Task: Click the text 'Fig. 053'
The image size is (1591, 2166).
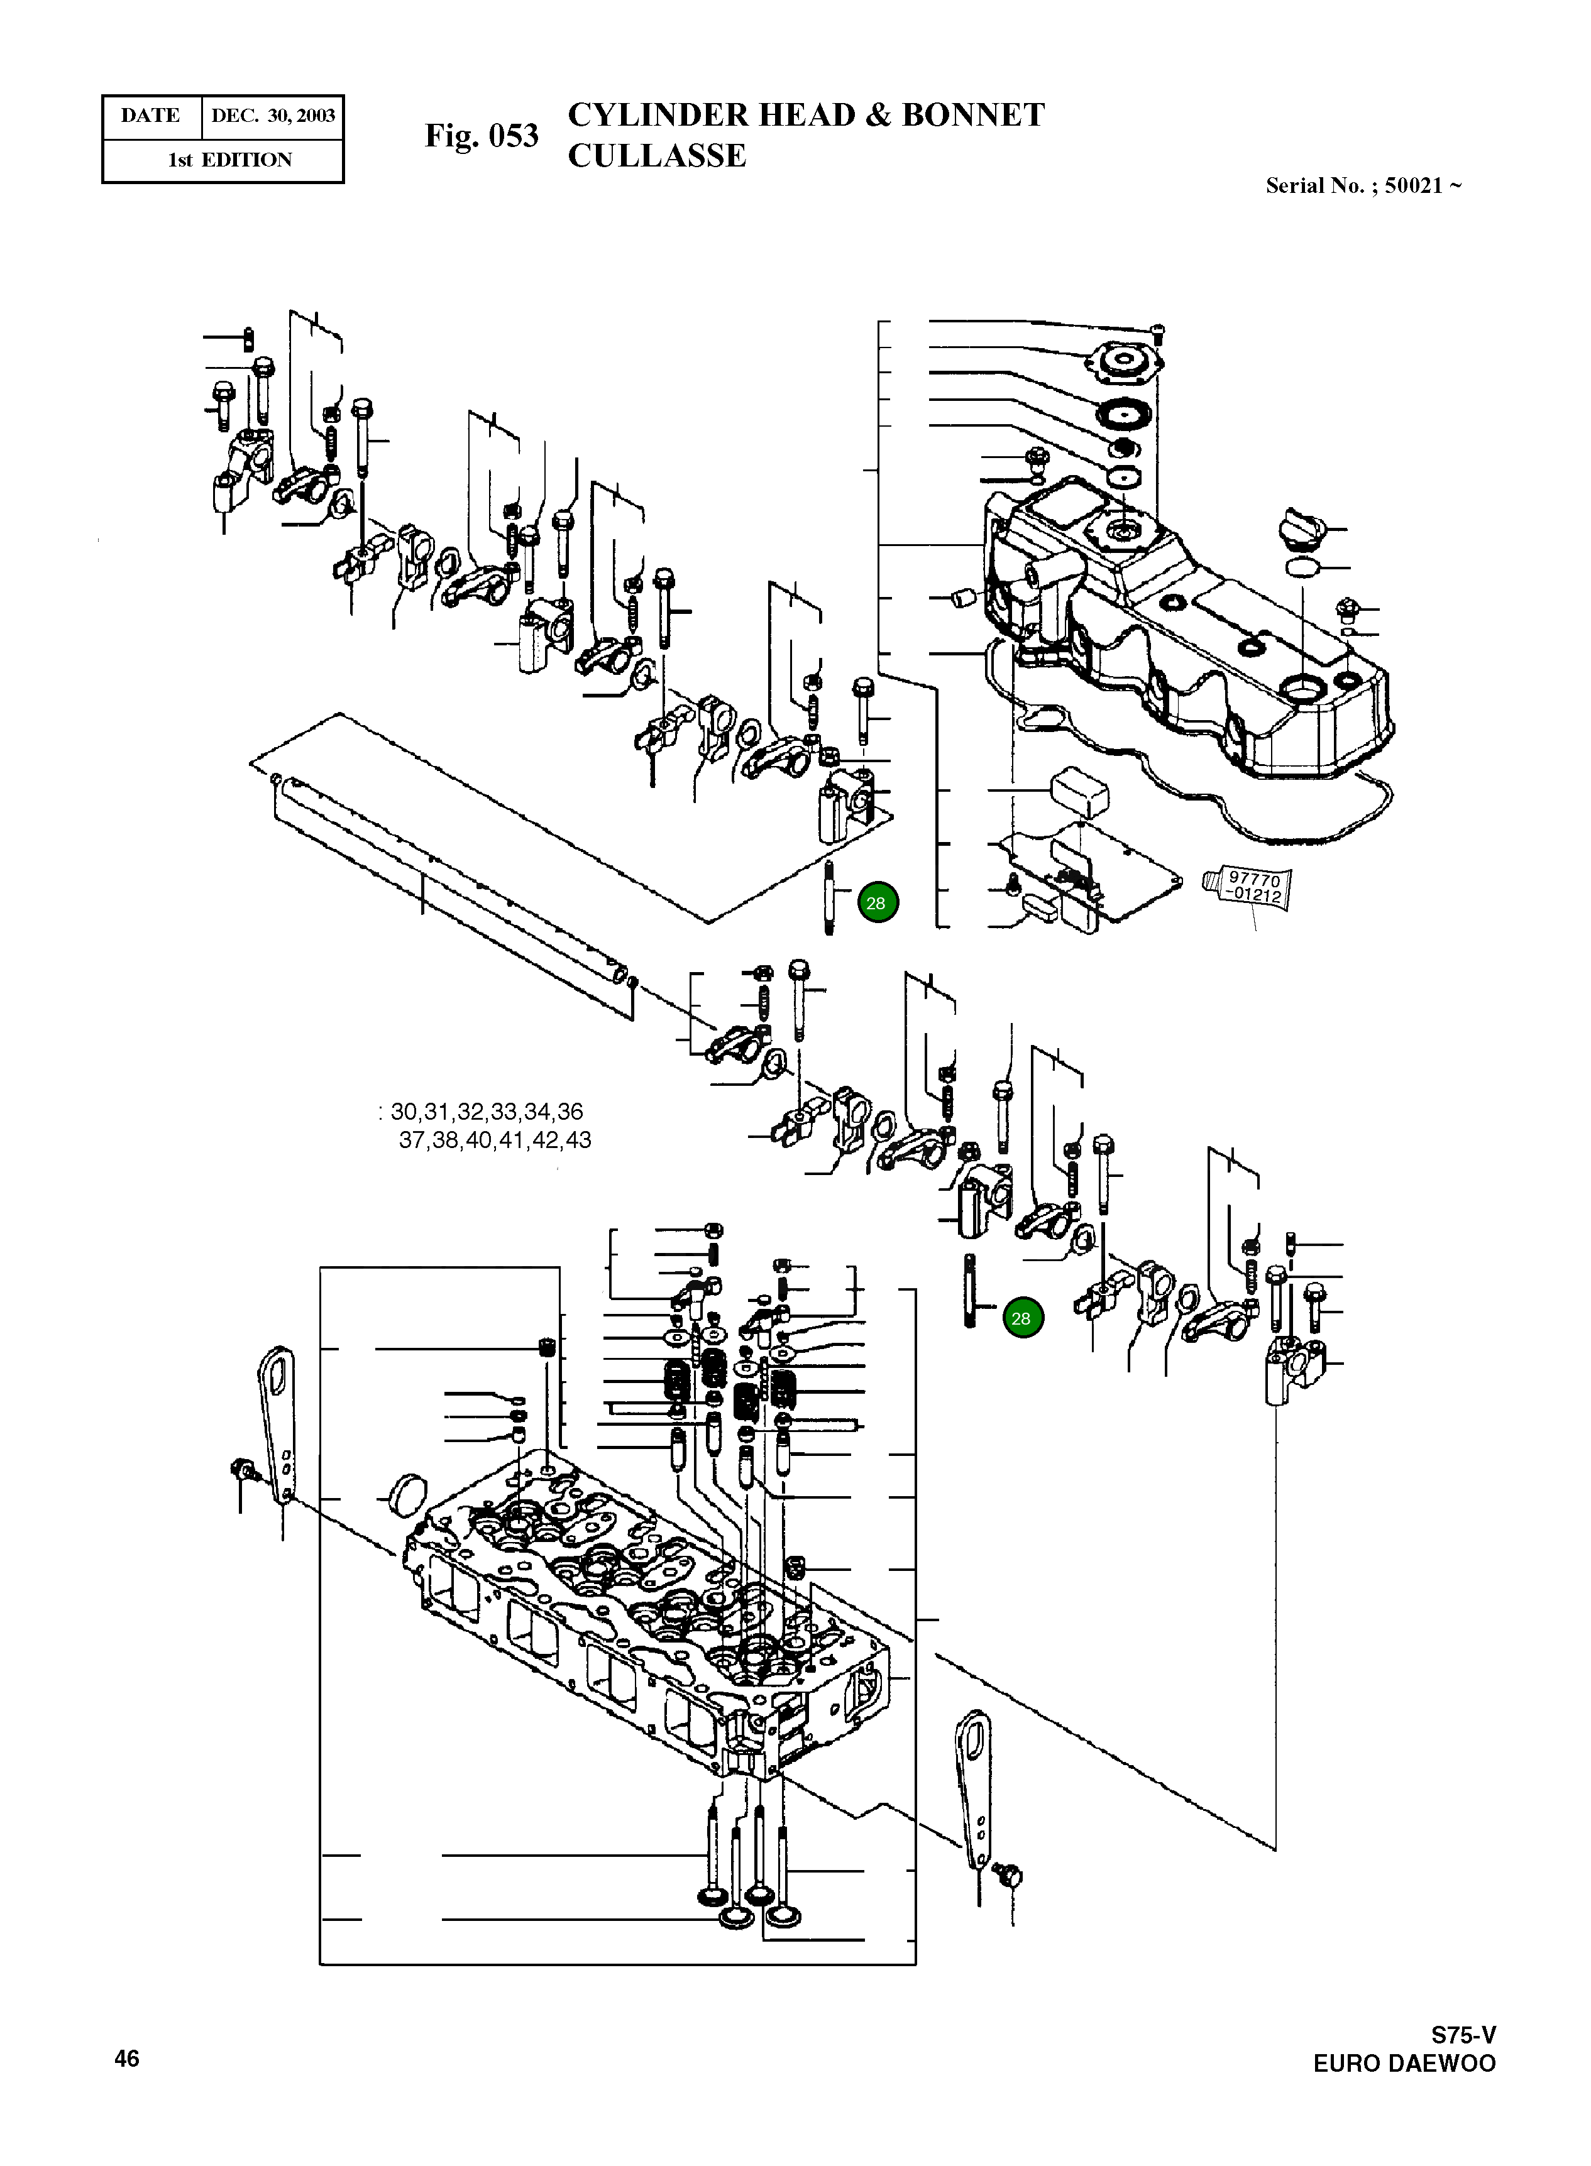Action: (481, 136)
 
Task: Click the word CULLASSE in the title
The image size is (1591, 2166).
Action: (657, 156)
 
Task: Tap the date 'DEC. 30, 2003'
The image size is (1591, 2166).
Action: (273, 116)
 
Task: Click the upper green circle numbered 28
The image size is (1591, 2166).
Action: (876, 903)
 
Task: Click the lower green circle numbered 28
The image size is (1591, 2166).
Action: (1021, 1318)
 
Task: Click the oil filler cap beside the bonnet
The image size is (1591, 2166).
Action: (1303, 530)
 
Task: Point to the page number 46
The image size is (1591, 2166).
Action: (126, 2058)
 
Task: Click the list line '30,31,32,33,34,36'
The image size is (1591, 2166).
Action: (487, 1112)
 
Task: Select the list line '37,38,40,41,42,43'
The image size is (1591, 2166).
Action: (494, 1140)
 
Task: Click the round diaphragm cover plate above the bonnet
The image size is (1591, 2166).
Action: (1124, 365)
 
